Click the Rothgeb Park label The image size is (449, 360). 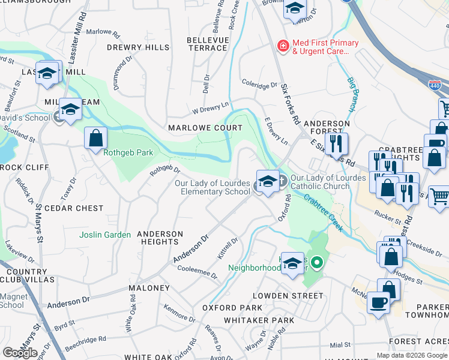point(128,152)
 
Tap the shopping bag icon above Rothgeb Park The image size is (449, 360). point(95,139)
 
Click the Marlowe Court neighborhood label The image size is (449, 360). point(205,128)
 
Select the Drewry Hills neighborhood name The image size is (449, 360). point(138,47)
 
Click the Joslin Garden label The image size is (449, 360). point(105,235)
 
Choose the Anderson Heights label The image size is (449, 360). point(160,238)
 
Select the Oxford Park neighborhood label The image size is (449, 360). point(232,308)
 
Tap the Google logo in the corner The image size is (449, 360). point(19,352)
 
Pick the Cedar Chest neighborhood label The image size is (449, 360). point(77,208)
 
